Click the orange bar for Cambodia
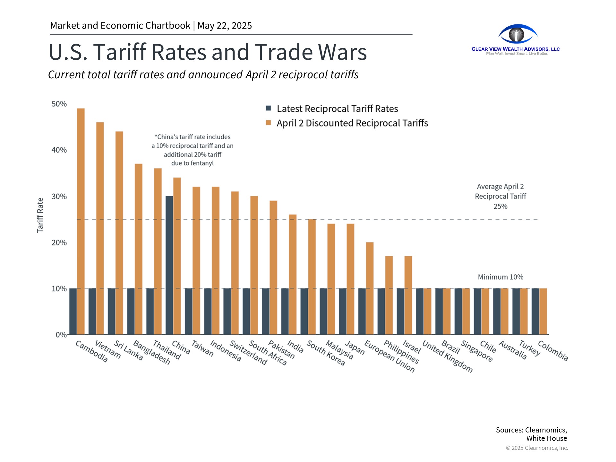[x=81, y=221]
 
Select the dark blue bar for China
[x=169, y=265]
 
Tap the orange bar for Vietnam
[x=100, y=228]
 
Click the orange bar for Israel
[x=408, y=295]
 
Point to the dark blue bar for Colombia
[x=535, y=311]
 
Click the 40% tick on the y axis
[x=59, y=150]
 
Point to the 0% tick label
[x=61, y=335]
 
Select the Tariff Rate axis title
[x=40, y=215]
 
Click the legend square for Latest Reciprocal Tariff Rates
[x=269, y=108]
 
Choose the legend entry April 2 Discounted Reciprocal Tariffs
[x=352, y=123]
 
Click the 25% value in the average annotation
[x=500, y=207]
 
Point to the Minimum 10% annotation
[x=500, y=277]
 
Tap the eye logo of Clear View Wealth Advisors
[x=517, y=34]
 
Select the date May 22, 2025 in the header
[x=225, y=26]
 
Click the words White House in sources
[x=546, y=439]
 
